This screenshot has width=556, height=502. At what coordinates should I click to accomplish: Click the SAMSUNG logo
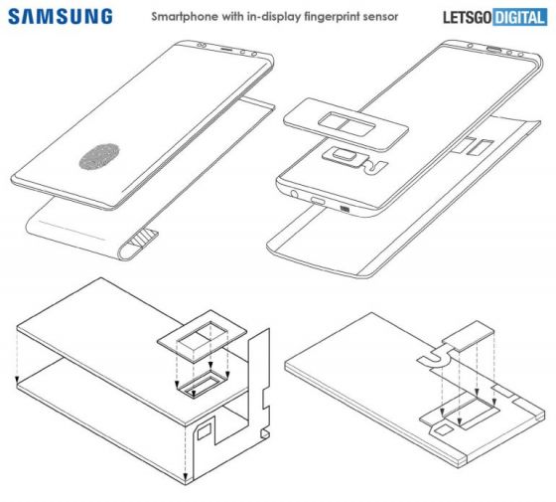(x=62, y=17)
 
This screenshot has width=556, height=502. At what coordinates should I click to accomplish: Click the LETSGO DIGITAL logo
(x=491, y=17)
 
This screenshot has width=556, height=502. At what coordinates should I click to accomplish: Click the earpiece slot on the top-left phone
(x=227, y=51)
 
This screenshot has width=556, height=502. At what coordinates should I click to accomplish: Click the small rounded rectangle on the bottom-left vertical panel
(x=207, y=431)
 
